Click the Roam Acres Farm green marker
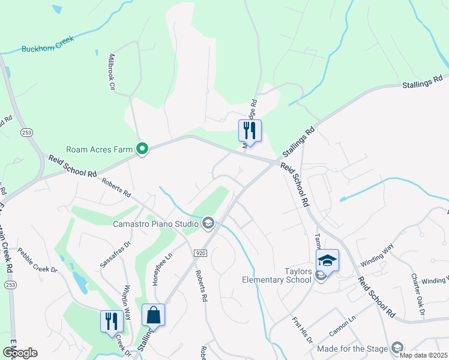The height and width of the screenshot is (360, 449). (142, 148)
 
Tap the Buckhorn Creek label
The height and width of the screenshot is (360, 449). (47, 44)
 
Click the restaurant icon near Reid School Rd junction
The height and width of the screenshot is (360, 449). (249, 130)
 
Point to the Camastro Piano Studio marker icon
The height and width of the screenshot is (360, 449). (208, 224)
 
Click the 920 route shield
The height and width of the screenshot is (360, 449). (200, 254)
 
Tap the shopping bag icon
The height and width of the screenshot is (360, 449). (153, 314)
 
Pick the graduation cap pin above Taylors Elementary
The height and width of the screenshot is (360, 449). (327, 260)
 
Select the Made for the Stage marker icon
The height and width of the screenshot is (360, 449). (397, 347)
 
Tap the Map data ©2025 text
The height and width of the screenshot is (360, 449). (424, 355)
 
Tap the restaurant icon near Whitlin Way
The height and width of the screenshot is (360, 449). (111, 321)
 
